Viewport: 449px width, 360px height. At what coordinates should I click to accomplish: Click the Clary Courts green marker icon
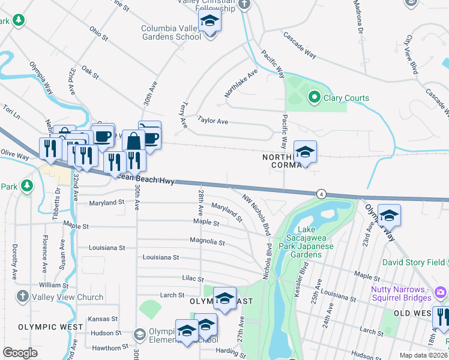313,97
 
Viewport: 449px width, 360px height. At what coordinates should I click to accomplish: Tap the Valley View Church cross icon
22,296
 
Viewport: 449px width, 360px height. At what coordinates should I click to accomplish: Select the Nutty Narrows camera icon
441,292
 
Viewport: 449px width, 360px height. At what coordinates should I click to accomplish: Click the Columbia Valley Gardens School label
171,32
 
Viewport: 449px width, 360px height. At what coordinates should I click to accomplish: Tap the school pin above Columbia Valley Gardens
210,21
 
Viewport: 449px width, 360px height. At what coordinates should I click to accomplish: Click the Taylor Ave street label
213,121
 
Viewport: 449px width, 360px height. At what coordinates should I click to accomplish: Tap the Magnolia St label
206,242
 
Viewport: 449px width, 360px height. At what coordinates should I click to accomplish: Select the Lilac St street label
193,279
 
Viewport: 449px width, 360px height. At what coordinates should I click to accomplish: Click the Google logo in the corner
20,353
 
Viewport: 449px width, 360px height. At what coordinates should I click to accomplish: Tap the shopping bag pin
133,142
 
